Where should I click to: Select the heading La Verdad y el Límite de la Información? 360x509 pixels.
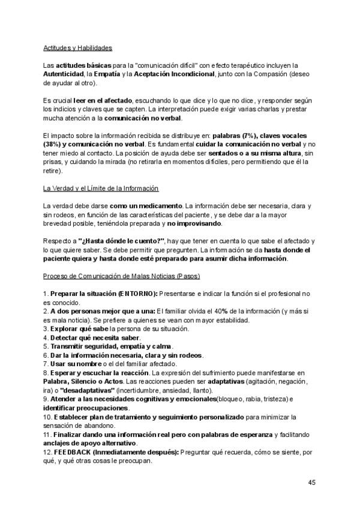(x=101, y=189)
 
